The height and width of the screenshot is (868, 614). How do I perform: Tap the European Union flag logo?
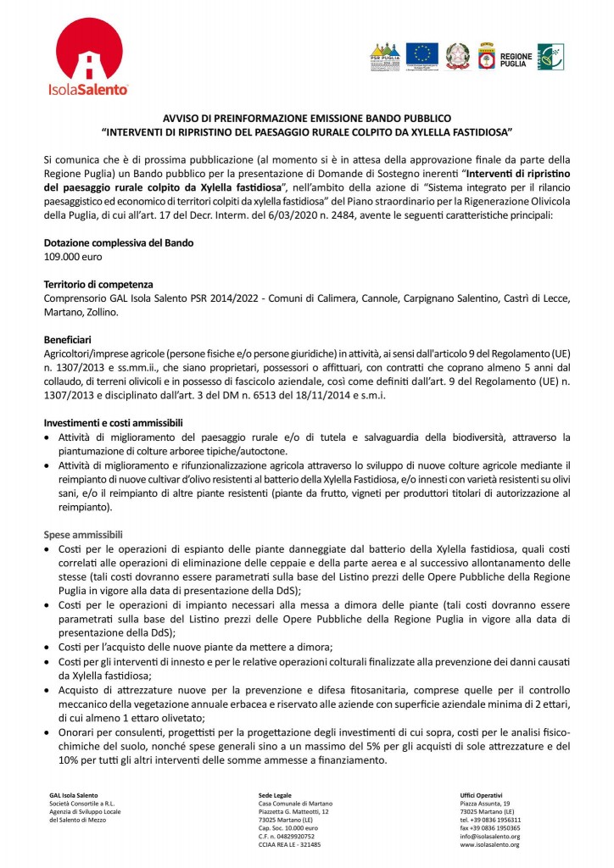421,57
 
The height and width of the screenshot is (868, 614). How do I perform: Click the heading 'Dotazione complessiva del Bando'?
119,243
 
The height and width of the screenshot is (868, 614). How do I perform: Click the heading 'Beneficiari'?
70,338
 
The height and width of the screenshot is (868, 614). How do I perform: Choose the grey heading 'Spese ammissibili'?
84,535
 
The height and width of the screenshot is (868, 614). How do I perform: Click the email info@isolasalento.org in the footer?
489,837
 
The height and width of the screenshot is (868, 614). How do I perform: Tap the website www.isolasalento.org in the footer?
490,845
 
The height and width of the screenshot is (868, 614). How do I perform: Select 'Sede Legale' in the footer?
276,794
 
